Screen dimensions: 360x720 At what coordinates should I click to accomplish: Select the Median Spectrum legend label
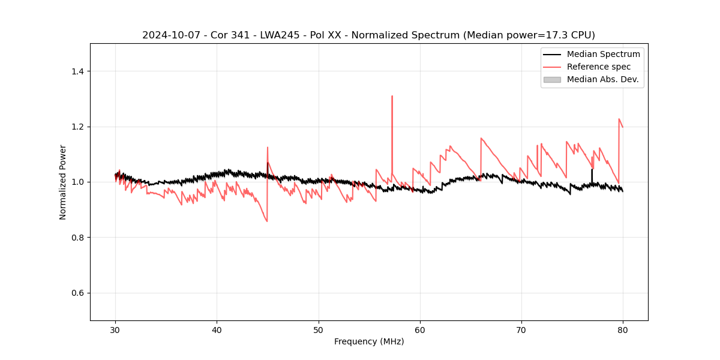click(x=603, y=54)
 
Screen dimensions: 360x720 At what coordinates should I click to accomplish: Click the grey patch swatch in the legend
click(x=552, y=79)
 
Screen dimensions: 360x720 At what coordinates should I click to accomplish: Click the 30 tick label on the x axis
click(x=116, y=330)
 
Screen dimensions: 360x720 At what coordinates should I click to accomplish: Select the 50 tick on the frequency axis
click(x=319, y=330)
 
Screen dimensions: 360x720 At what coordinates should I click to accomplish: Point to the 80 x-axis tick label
click(x=623, y=330)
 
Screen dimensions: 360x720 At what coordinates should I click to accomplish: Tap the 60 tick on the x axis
click(x=420, y=330)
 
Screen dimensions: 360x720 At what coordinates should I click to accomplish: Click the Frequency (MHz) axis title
click(x=369, y=341)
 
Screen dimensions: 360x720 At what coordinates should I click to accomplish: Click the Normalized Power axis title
click(x=63, y=182)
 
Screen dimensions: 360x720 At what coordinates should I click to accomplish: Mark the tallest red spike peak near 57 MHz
click(x=392, y=96)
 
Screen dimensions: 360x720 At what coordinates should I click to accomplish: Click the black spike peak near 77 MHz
click(x=592, y=169)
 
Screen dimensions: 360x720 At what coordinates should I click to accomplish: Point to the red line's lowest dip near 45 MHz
click(x=267, y=221)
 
